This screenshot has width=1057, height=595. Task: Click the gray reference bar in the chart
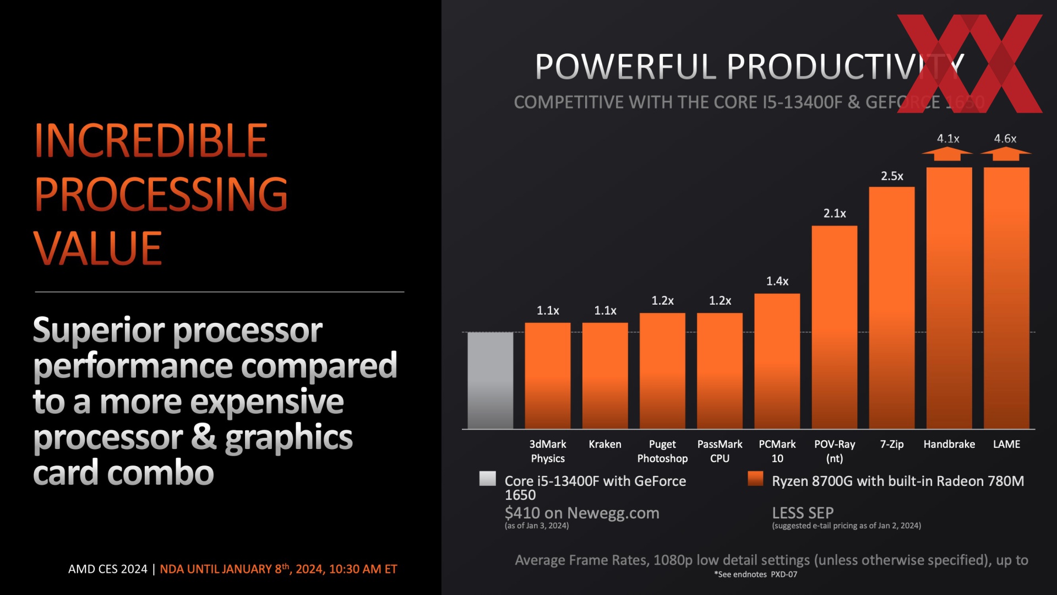pyautogui.click(x=491, y=380)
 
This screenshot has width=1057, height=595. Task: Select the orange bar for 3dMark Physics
pyautogui.click(x=548, y=376)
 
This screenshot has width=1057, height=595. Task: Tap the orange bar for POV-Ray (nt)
pyautogui.click(x=835, y=327)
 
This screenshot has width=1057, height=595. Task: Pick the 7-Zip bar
pyautogui.click(x=892, y=308)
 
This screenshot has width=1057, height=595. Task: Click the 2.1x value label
pyautogui.click(x=835, y=213)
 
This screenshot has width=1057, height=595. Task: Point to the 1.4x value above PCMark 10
pyautogui.click(x=777, y=281)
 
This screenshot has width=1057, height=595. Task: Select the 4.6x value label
pyautogui.click(x=1005, y=138)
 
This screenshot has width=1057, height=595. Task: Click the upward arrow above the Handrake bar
pyautogui.click(x=947, y=154)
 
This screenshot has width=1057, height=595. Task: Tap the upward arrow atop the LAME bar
pyautogui.click(x=1006, y=154)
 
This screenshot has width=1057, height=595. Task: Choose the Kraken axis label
pyautogui.click(x=605, y=444)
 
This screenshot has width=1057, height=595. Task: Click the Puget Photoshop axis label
pyautogui.click(x=662, y=451)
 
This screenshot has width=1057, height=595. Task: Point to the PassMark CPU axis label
pyautogui.click(x=720, y=451)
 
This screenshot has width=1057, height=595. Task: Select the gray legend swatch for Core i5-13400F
pyautogui.click(x=488, y=478)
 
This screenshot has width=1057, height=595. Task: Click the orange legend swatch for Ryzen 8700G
pyautogui.click(x=755, y=478)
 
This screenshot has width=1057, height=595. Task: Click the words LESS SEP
pyautogui.click(x=803, y=513)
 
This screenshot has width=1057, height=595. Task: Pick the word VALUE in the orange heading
pyautogui.click(x=97, y=248)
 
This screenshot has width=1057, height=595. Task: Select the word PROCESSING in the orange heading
pyautogui.click(x=161, y=194)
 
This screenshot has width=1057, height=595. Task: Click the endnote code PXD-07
pyautogui.click(x=784, y=574)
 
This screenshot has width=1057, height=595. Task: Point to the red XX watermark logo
pyautogui.click(x=969, y=63)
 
